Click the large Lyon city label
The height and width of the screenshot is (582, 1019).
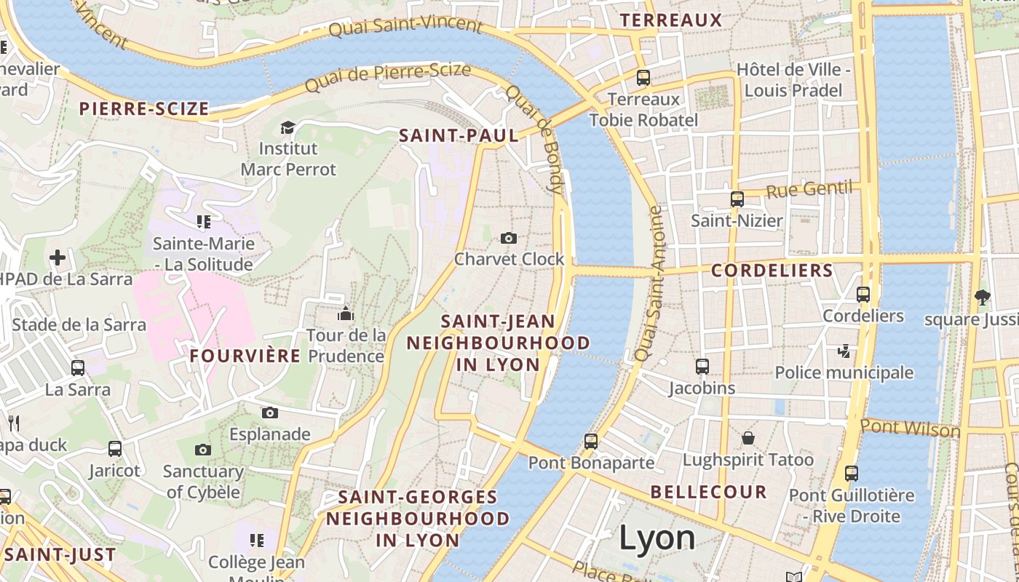click(657, 538)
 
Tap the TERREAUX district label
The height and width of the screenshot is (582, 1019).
click(670, 20)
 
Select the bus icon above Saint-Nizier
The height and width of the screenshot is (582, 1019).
click(737, 199)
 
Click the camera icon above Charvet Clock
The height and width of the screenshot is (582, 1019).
click(509, 238)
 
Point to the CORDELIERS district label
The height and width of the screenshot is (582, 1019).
click(772, 271)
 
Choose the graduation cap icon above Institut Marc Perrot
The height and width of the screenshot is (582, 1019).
click(288, 127)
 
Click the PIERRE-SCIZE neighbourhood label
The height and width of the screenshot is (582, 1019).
click(144, 109)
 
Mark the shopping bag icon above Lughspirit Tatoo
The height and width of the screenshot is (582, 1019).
click(748, 438)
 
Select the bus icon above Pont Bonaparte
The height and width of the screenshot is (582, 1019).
click(590, 441)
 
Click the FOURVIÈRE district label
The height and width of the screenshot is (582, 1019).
click(245, 356)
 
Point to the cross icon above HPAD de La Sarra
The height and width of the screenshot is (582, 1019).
click(58, 257)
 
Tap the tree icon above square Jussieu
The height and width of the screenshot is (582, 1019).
click(982, 297)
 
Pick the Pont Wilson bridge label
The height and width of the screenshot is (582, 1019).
click(910, 428)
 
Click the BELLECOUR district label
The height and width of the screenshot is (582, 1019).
click(708, 492)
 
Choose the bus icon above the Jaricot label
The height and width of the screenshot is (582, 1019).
click(114, 449)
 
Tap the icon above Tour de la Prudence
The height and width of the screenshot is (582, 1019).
click(345, 314)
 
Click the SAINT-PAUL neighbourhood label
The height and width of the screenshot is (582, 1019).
click(459, 135)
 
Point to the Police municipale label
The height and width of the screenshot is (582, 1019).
click(844, 372)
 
